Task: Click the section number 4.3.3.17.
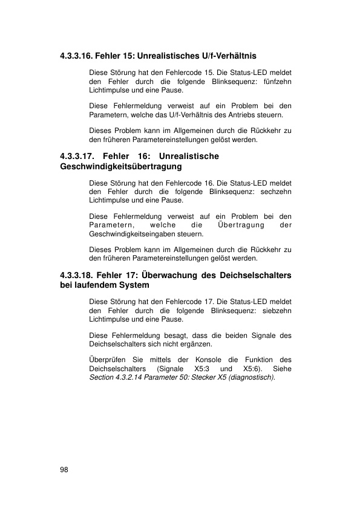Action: [x=77, y=156]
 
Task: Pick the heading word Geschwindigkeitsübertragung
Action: [x=121, y=166]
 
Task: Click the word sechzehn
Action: [x=277, y=191]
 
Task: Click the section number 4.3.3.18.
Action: [x=76, y=276]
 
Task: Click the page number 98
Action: [x=64, y=468]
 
